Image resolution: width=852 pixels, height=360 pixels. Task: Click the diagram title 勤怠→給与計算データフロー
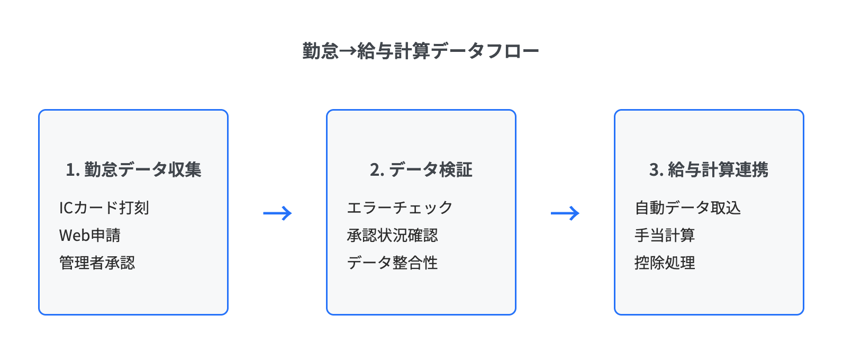421,51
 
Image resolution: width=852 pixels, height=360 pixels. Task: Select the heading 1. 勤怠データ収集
133,170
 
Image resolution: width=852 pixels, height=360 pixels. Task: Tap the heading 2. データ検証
421,170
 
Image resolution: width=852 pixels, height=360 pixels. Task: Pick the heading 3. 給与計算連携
709,170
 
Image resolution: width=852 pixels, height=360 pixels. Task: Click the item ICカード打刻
104,208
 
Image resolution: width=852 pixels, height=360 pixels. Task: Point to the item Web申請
90,235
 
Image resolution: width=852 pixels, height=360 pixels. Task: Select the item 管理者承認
97,263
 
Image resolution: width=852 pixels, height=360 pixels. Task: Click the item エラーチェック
400,208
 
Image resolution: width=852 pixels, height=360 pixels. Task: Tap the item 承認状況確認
393,235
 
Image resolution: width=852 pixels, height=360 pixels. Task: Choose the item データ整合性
393,263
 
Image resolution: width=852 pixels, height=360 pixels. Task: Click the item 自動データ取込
688,208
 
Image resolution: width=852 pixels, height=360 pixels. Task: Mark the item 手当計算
665,235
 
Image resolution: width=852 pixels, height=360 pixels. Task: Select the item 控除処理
665,263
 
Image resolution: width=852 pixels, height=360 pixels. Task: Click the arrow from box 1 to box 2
277,213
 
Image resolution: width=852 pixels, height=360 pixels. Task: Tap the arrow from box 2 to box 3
565,213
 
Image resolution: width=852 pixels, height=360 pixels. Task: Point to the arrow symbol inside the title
348,51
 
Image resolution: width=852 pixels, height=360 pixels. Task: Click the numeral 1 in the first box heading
70,170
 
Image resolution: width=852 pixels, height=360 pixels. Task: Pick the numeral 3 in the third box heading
654,170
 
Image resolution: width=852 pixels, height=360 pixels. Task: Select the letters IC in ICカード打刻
66,208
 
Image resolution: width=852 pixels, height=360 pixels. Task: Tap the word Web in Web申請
74,236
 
